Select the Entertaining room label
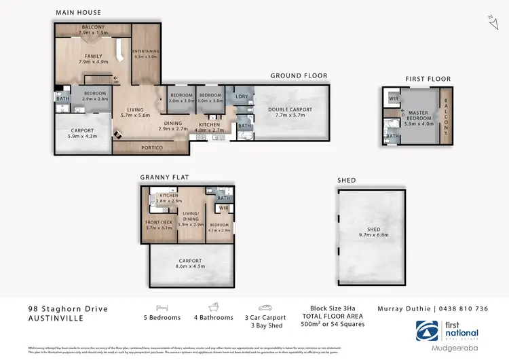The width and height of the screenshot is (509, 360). pos(146,52)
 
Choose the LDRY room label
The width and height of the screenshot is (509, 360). pos(240,96)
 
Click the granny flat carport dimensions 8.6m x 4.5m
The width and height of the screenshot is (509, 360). pos(190,266)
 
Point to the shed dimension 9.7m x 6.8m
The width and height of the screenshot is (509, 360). pos(373,236)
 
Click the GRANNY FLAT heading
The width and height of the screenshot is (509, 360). pos(164,177)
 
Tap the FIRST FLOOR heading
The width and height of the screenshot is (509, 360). pos(428,79)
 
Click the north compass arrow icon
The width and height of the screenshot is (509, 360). pos(492,22)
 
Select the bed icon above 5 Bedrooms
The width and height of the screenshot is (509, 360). pos(162,307)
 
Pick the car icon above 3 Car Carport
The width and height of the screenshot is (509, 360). pos(264,307)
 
